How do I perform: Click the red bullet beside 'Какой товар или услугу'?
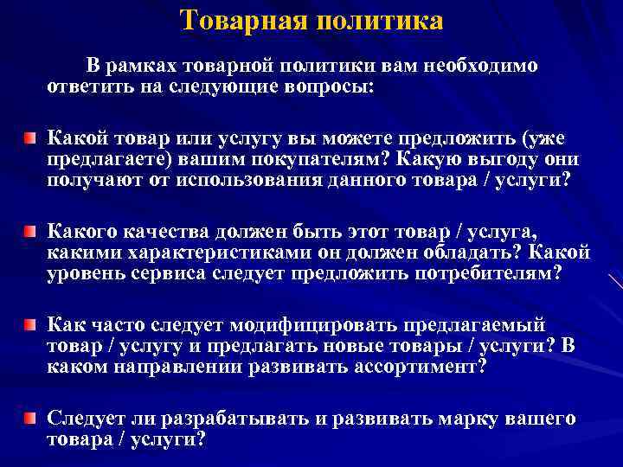coord(30,138)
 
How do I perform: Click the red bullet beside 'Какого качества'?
coord(30,232)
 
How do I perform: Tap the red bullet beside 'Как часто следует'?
coord(30,325)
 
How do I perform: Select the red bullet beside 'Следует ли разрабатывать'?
coord(30,419)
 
